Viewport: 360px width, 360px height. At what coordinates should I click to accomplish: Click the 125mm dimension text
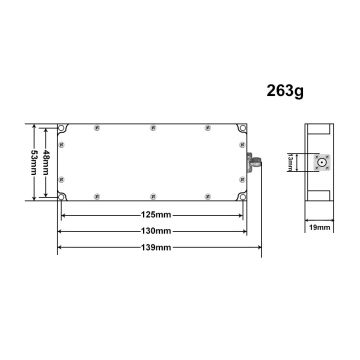coord(153,214)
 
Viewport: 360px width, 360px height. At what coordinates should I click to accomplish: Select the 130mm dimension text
coord(153,230)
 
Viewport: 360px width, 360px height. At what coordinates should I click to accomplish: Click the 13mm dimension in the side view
coord(311,161)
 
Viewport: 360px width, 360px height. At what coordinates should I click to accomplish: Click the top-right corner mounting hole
coord(240,130)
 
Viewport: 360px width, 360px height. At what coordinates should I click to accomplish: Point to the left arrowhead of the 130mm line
coord(62,230)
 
